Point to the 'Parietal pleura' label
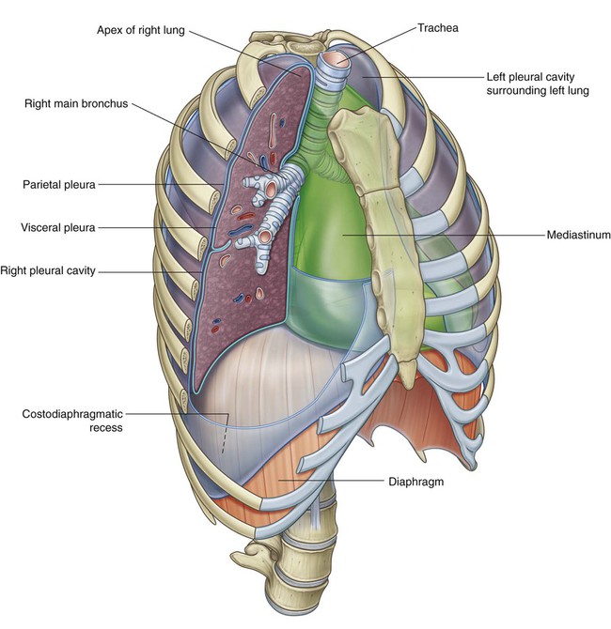click(58, 185)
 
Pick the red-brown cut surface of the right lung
click(235, 282)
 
